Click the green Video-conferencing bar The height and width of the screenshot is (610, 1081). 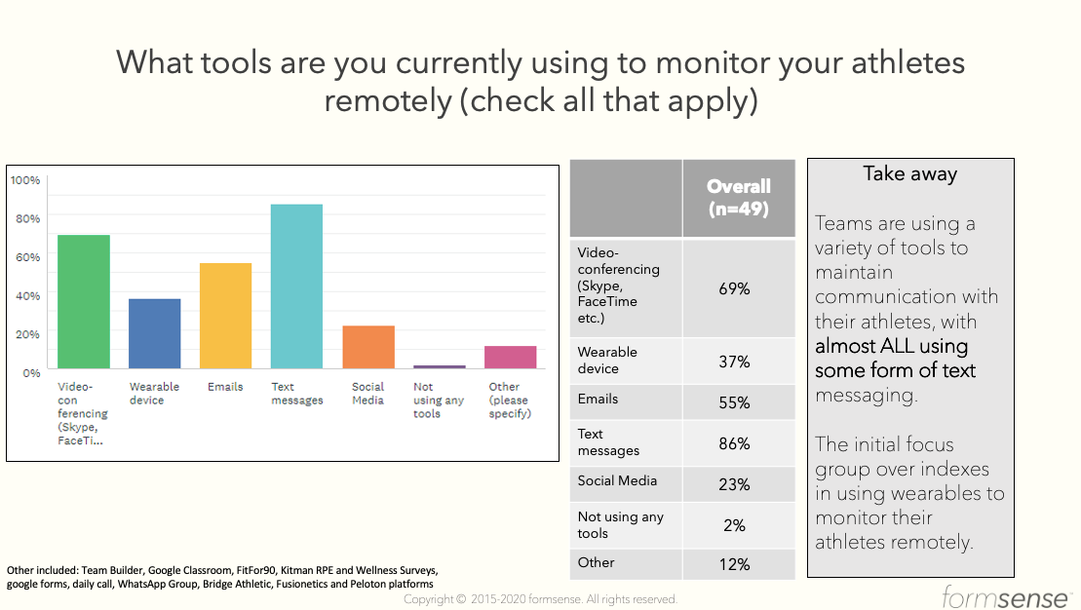[84, 301]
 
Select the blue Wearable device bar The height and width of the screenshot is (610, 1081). [154, 333]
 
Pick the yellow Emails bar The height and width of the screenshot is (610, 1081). [225, 316]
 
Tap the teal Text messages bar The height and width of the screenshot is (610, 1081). [296, 286]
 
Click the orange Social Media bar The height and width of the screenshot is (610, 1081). [368, 347]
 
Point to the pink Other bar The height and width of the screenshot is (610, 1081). [510, 357]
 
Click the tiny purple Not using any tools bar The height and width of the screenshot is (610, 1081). [440, 366]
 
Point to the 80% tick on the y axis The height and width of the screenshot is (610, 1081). [27, 218]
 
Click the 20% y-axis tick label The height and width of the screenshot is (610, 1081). [27, 334]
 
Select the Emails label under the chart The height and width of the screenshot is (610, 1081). [225, 387]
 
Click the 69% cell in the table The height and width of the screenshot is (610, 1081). [734, 288]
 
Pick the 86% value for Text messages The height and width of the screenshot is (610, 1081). [734, 444]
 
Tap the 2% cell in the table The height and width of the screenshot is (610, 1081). [734, 526]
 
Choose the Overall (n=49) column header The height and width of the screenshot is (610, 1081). [738, 198]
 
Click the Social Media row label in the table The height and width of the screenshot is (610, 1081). [617, 481]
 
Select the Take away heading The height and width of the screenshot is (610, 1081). [910, 173]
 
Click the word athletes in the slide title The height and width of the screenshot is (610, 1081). [907, 62]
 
